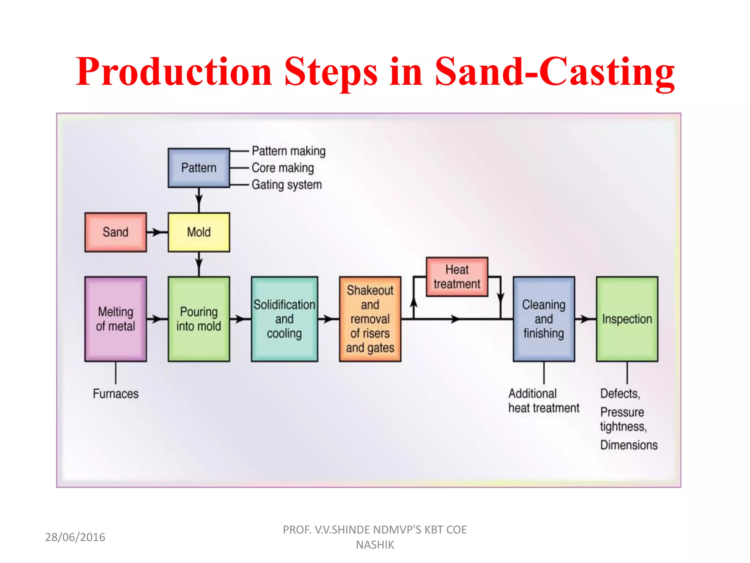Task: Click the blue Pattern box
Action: point(199,168)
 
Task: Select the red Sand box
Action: point(115,232)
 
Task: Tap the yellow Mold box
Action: point(199,232)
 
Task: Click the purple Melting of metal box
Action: point(115,319)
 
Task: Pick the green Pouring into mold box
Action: point(199,319)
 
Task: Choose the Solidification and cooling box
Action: point(284,319)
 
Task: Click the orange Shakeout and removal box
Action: point(370,319)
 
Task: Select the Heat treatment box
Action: point(457,277)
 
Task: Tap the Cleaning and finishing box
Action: point(543,319)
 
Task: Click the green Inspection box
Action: point(627,319)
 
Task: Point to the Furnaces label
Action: point(115,394)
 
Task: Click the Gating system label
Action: point(286,185)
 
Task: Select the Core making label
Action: point(283,168)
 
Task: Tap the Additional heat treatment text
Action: point(543,401)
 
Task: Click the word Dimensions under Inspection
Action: point(629,445)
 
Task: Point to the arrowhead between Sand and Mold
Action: point(156,232)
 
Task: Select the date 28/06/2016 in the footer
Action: point(75,537)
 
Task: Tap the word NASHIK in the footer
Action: point(375,545)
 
